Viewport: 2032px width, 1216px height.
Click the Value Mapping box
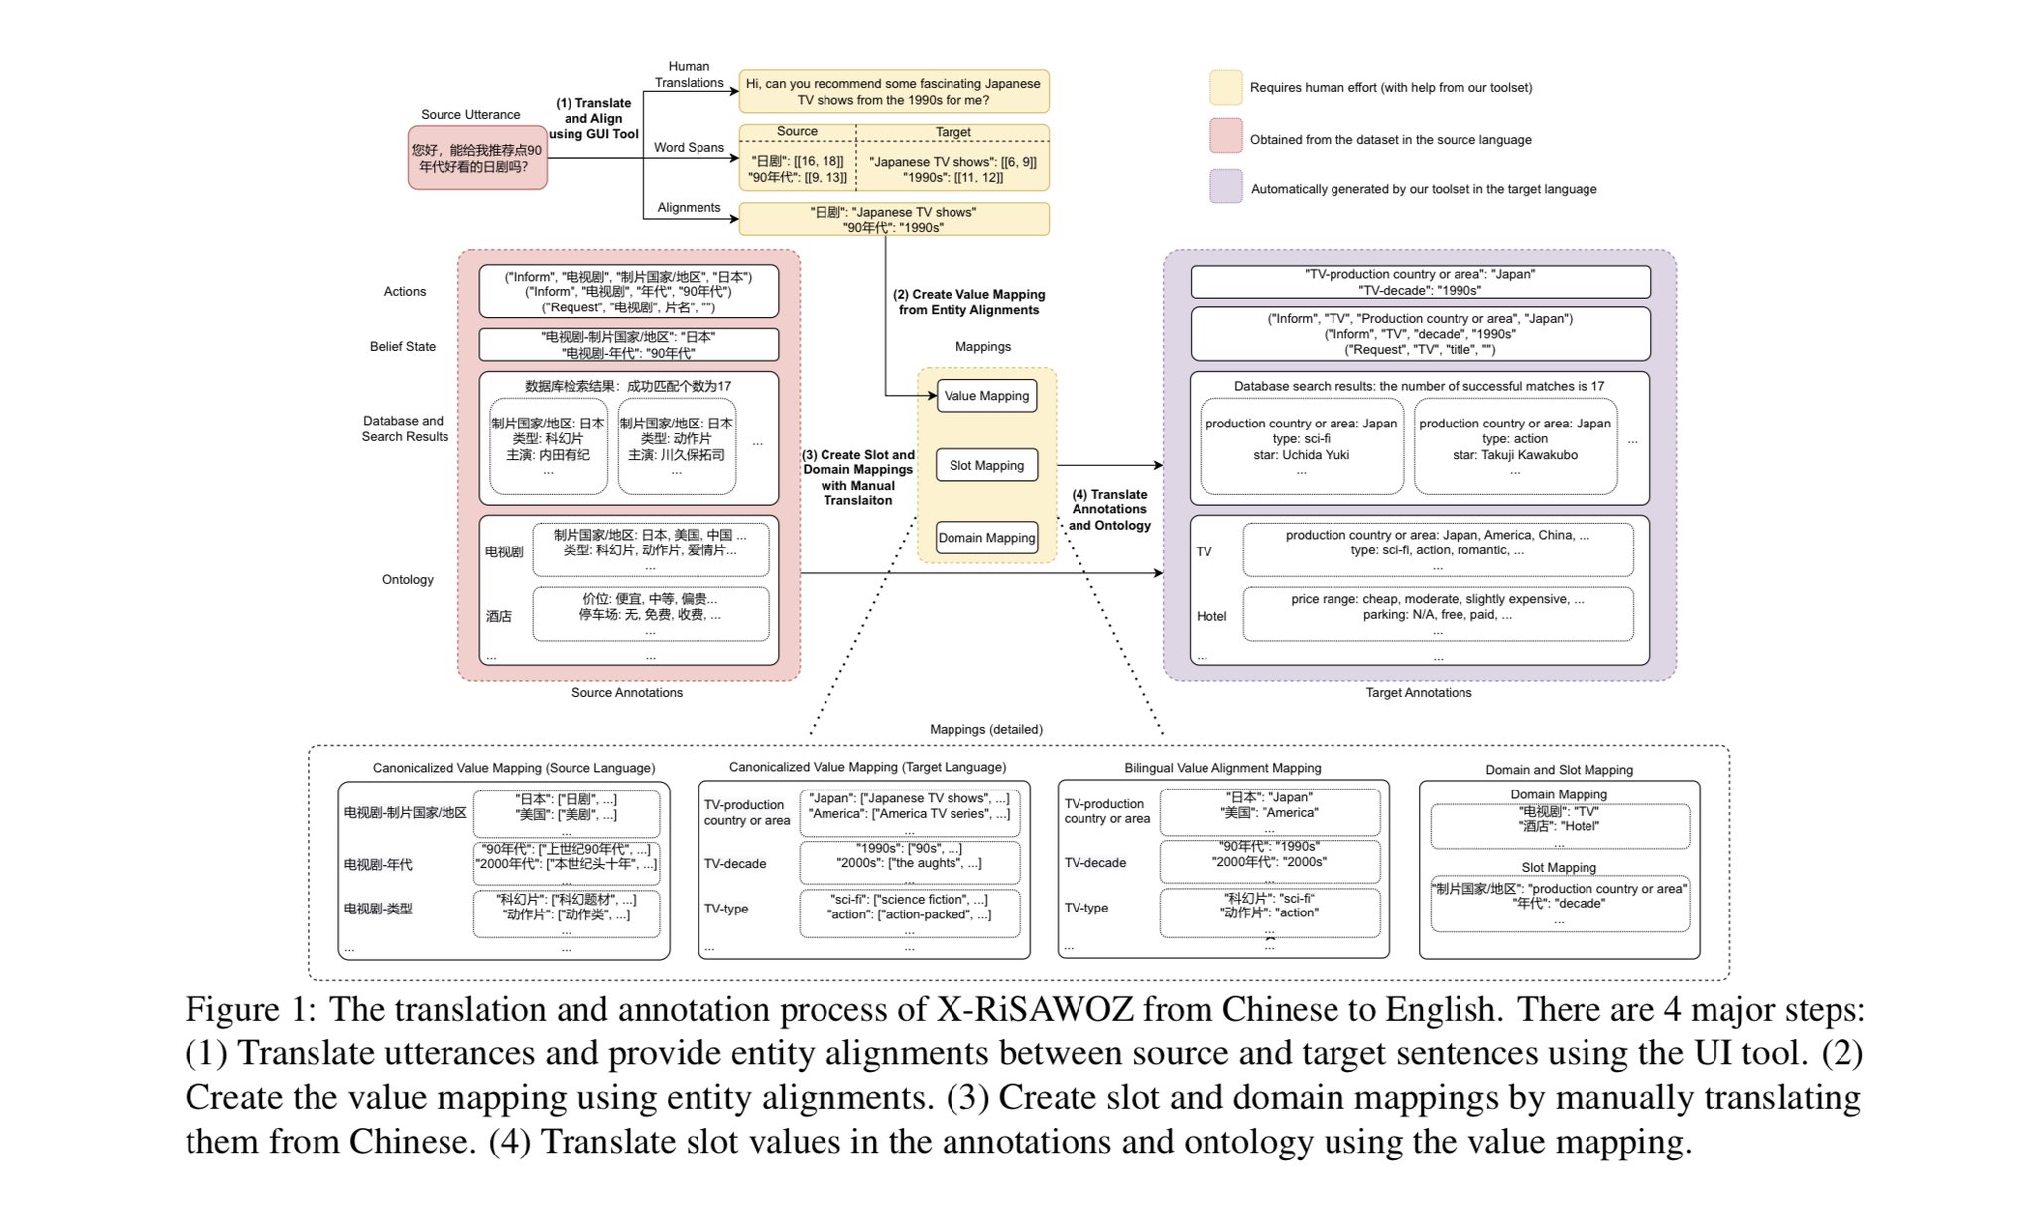pyautogui.click(x=986, y=396)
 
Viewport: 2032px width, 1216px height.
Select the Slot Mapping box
pyautogui.click(x=986, y=465)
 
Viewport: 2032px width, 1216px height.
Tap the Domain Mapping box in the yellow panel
pyautogui.click(x=986, y=538)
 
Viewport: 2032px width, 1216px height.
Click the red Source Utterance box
pyautogui.click(x=477, y=158)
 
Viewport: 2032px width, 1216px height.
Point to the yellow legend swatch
pyautogui.click(x=1226, y=87)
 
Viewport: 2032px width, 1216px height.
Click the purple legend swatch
pyautogui.click(x=1226, y=186)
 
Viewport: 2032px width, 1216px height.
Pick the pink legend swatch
pyautogui.click(x=1226, y=136)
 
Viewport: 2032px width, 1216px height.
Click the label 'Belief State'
pyautogui.click(x=403, y=347)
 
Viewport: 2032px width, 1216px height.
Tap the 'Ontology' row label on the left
pyautogui.click(x=408, y=580)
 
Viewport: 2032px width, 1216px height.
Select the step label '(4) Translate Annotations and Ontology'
pyautogui.click(x=1109, y=510)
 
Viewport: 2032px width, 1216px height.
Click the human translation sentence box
pyautogui.click(x=893, y=92)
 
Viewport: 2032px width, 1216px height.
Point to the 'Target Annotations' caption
pyautogui.click(x=1419, y=693)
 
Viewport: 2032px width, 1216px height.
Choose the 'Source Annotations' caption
pyautogui.click(x=627, y=693)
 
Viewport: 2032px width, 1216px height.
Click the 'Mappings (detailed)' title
pyautogui.click(x=986, y=730)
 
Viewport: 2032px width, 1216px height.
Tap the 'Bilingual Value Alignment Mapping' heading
pyautogui.click(x=1222, y=768)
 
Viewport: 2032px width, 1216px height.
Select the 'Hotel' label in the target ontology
pyautogui.click(x=1211, y=616)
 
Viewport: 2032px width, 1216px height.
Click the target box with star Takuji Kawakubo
pyautogui.click(x=1515, y=446)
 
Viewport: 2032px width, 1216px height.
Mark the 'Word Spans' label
pyautogui.click(x=689, y=148)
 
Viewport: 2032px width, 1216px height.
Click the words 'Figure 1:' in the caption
pyautogui.click(x=250, y=1010)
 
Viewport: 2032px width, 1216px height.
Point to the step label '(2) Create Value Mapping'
pyautogui.click(x=968, y=295)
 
